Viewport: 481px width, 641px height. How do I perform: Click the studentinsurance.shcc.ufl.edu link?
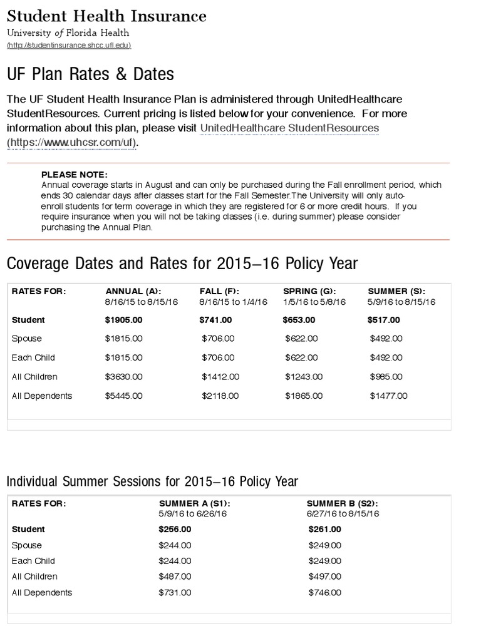69,46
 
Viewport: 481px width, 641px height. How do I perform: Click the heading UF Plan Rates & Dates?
90,74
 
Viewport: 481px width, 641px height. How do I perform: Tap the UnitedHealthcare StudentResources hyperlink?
289,128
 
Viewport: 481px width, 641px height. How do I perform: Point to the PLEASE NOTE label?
75,175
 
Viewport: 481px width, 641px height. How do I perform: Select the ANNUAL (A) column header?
133,291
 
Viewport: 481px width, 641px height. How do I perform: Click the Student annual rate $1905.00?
123,320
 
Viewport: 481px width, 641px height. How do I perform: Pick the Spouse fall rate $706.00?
218,339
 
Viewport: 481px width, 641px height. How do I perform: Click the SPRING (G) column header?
309,291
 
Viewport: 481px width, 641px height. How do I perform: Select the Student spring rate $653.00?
299,320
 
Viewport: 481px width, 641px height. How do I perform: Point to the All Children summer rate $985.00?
386,377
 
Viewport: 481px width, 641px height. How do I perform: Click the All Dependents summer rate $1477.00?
388,396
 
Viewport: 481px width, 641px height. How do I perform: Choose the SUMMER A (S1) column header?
195,504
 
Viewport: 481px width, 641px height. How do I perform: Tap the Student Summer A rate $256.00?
175,529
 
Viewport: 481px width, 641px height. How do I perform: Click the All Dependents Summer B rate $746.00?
325,593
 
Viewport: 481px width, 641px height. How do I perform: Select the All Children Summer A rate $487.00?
175,577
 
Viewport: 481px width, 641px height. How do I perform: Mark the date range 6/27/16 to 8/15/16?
343,513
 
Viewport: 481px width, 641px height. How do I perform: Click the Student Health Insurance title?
106,16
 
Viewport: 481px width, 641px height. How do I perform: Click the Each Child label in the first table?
33,357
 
